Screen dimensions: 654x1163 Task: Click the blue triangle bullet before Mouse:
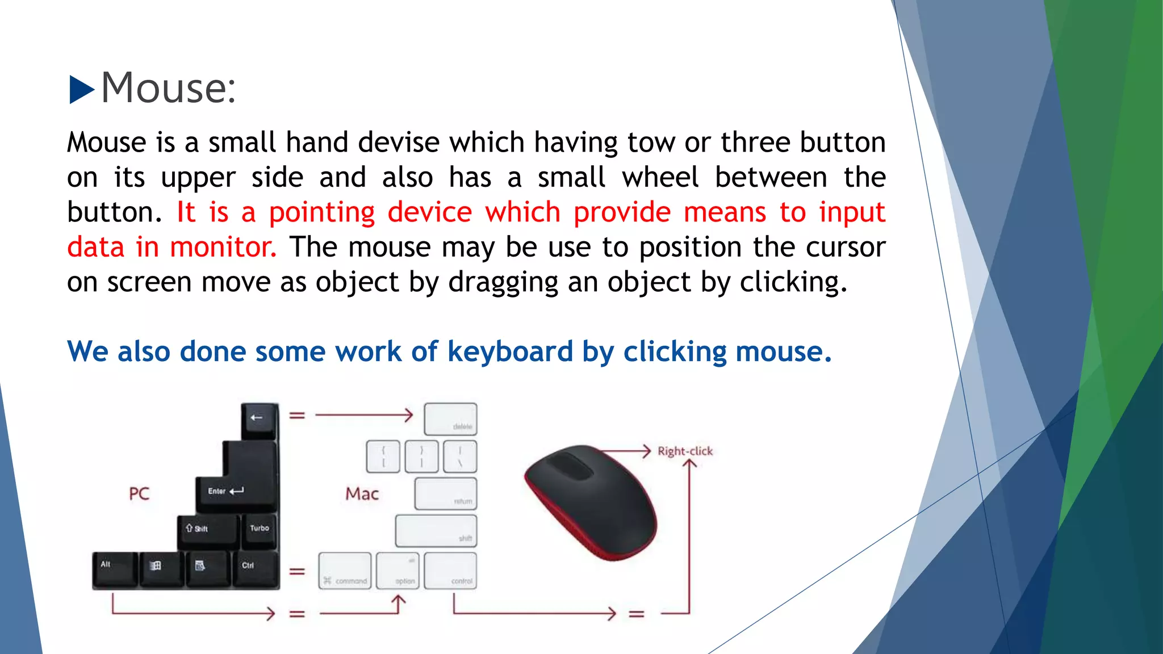pyautogui.click(x=81, y=90)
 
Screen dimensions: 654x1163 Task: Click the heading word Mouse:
pyautogui.click(x=168, y=89)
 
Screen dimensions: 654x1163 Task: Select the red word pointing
pyautogui.click(x=322, y=213)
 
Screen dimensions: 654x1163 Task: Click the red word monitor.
pyautogui.click(x=223, y=248)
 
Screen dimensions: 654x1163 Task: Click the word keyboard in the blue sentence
pyautogui.click(x=510, y=351)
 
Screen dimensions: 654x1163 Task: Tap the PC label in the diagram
pyautogui.click(x=139, y=493)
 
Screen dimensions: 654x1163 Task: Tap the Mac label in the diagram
pyautogui.click(x=362, y=493)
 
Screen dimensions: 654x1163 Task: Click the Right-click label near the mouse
pyautogui.click(x=685, y=451)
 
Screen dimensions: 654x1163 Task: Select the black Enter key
pyautogui.click(x=237, y=492)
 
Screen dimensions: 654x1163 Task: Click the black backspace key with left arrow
pyautogui.click(x=260, y=420)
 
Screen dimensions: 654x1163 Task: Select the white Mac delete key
pyautogui.click(x=450, y=419)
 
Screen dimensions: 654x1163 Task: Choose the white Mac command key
pyautogui.click(x=345, y=571)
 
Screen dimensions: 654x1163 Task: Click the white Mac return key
pyautogui.click(x=446, y=494)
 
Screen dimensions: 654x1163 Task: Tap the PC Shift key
pyautogui.click(x=207, y=530)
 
